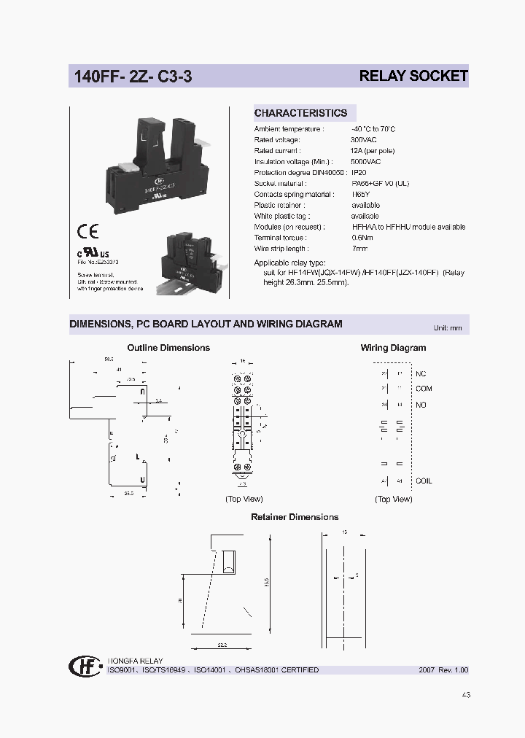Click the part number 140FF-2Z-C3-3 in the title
coord(132,76)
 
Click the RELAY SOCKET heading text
coord(413,76)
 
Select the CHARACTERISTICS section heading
coord(300,113)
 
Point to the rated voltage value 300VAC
coord(365,139)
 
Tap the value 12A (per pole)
coord(373,150)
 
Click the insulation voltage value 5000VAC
coord(366,161)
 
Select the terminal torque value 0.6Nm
coord(362,238)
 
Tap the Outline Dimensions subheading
coord(168,348)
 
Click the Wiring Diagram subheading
coord(393,348)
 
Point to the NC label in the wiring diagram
coord(421,373)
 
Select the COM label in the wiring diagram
coord(424,389)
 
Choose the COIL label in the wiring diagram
coord(424,481)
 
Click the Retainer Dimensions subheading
coord(295,517)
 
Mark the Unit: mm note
coord(448,328)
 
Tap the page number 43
coord(466,695)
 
